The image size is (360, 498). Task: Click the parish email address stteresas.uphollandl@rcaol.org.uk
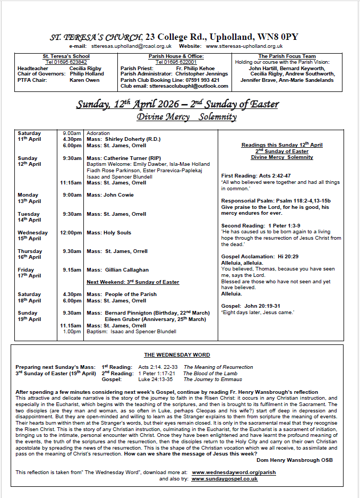point(131,46)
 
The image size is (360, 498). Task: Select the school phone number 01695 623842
point(66,62)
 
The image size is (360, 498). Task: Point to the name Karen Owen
point(84,80)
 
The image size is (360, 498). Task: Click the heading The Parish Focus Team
point(287,56)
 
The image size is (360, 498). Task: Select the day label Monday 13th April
point(29,198)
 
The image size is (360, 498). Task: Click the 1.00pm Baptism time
point(72,332)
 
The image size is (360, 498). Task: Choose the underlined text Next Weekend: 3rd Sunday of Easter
point(133,282)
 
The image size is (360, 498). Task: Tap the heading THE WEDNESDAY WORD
point(177,355)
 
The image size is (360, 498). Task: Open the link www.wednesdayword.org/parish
point(234,472)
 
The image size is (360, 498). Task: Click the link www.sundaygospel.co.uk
point(225,478)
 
